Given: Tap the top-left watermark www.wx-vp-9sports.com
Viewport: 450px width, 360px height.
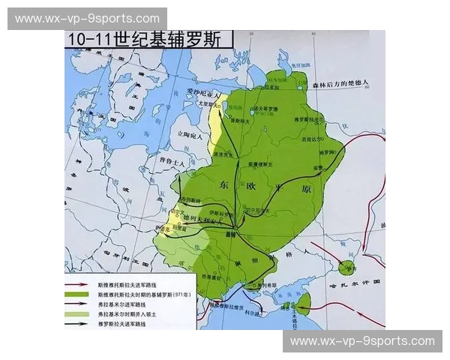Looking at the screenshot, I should click(87, 18).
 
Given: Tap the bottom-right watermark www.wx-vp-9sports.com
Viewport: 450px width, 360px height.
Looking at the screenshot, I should click(362, 341).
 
